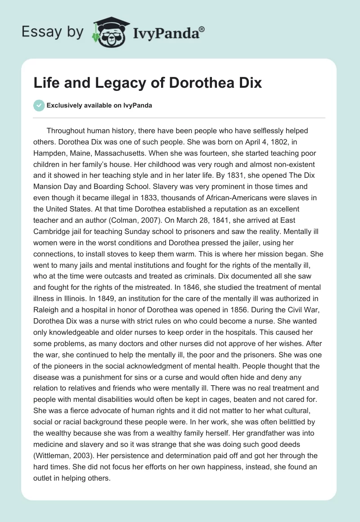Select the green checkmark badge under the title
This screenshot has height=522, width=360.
pos(40,105)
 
